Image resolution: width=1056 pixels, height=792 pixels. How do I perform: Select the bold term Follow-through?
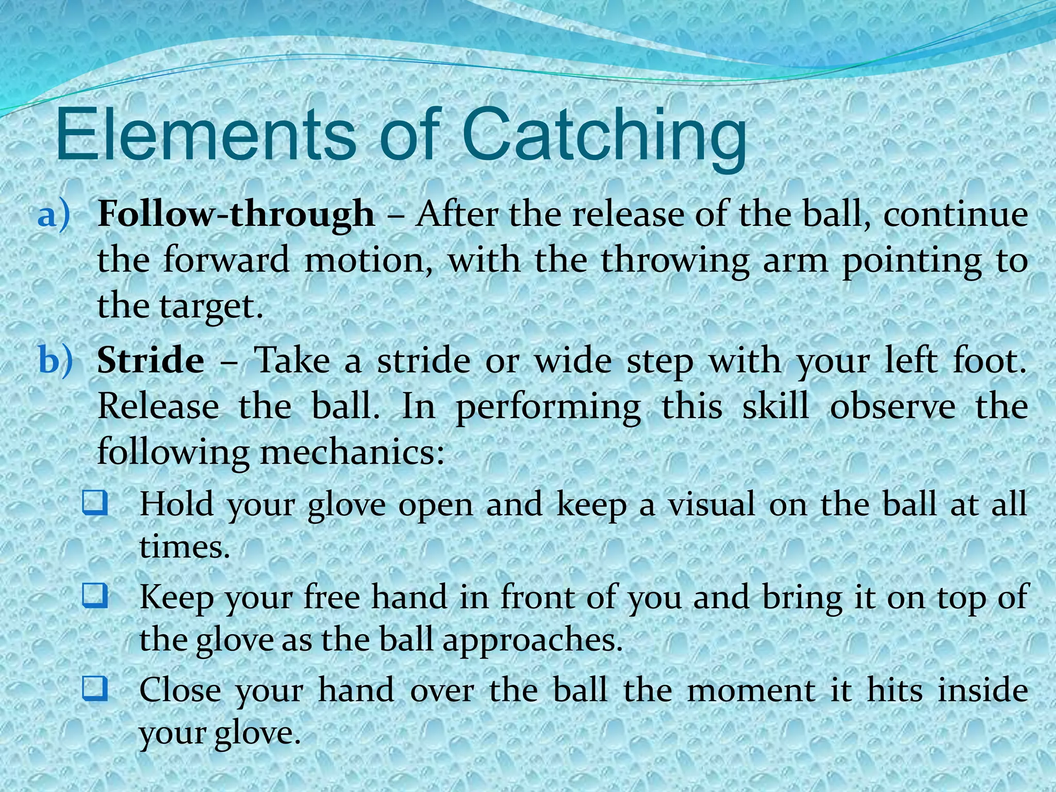236,213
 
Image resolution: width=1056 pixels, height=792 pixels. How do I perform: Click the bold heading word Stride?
151,360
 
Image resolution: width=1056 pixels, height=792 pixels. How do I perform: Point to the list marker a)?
53,214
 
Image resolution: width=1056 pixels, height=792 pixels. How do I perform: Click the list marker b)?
56,360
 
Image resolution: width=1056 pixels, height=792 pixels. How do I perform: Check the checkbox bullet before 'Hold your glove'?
95,504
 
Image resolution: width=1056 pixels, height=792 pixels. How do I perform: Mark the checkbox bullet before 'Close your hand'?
95,689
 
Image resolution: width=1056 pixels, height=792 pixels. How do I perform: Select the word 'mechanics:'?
352,452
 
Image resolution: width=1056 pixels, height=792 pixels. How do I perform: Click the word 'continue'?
955,213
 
